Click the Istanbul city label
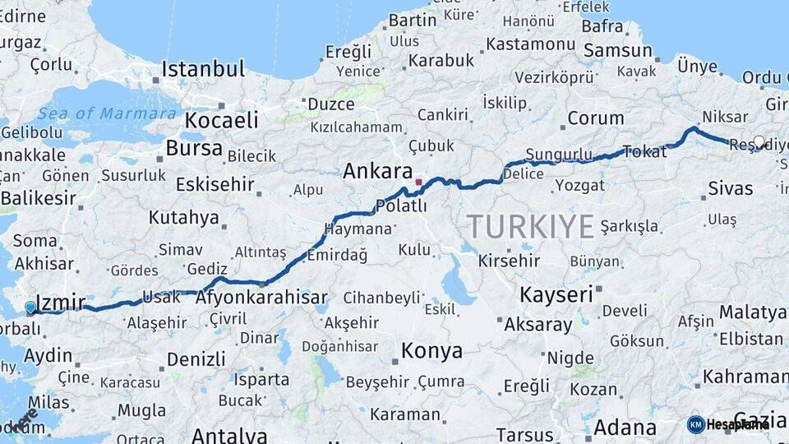(x=203, y=69)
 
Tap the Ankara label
(x=377, y=171)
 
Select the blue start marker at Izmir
(x=30, y=308)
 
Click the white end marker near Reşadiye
(x=759, y=141)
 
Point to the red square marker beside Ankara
(x=418, y=182)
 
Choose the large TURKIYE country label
(x=530, y=225)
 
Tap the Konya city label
(x=431, y=351)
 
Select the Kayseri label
(x=556, y=294)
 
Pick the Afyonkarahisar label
(x=261, y=298)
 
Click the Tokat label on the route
(x=645, y=151)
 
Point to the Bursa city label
(x=194, y=148)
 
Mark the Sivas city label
(x=731, y=188)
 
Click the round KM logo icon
(x=695, y=424)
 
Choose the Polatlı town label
(x=401, y=206)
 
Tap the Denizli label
(x=196, y=359)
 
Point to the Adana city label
(x=625, y=428)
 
